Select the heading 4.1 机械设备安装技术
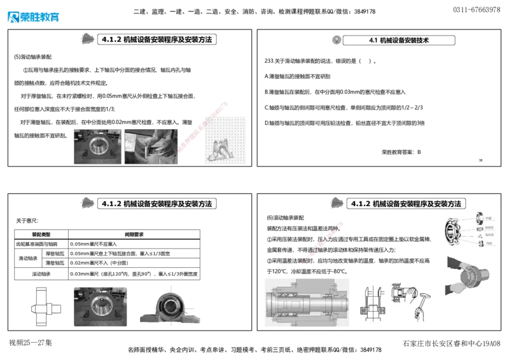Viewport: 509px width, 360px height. coord(399,40)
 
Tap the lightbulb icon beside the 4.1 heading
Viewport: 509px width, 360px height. coord(337,39)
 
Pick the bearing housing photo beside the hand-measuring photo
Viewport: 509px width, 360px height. coord(97,147)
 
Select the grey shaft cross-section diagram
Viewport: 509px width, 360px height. coord(307,301)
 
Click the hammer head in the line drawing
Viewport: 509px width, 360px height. coord(422,295)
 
